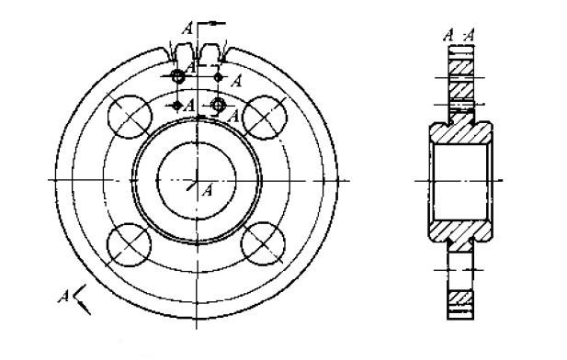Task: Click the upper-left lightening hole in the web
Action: (130, 117)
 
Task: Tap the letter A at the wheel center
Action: (207, 190)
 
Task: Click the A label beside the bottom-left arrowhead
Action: (62, 294)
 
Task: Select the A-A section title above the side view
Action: (458, 36)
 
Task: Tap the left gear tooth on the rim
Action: (182, 51)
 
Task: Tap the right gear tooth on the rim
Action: (214, 51)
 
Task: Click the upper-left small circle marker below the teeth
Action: (177, 77)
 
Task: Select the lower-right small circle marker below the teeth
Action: (218, 106)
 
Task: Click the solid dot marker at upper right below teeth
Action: (218, 77)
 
